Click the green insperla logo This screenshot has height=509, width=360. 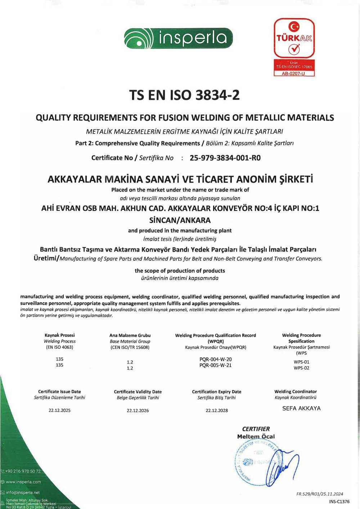click(179, 38)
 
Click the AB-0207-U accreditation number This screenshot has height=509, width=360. click(293, 73)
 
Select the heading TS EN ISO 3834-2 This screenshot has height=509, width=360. click(184, 95)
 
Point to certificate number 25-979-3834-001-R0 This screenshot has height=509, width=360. click(225, 158)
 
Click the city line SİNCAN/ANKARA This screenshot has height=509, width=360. click(180, 220)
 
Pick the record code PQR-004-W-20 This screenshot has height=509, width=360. click(216, 359)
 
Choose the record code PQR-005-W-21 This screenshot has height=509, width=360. click(216, 365)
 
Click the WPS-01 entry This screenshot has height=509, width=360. click(301, 362)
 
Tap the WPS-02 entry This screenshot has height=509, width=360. click(301, 368)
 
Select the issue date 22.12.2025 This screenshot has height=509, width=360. click(60, 410)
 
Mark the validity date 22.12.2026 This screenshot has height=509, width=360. click(138, 410)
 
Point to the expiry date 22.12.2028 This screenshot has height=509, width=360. click(217, 410)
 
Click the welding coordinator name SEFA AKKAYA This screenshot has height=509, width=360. click(301, 408)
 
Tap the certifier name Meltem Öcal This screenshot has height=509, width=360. click(256, 436)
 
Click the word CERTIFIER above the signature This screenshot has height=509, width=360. click(256, 429)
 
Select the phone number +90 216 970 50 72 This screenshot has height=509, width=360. click(23, 471)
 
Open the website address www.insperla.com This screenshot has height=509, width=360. click(23, 482)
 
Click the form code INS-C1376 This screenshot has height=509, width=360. click(339, 501)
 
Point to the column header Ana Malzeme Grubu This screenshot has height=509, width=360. click(130, 335)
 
